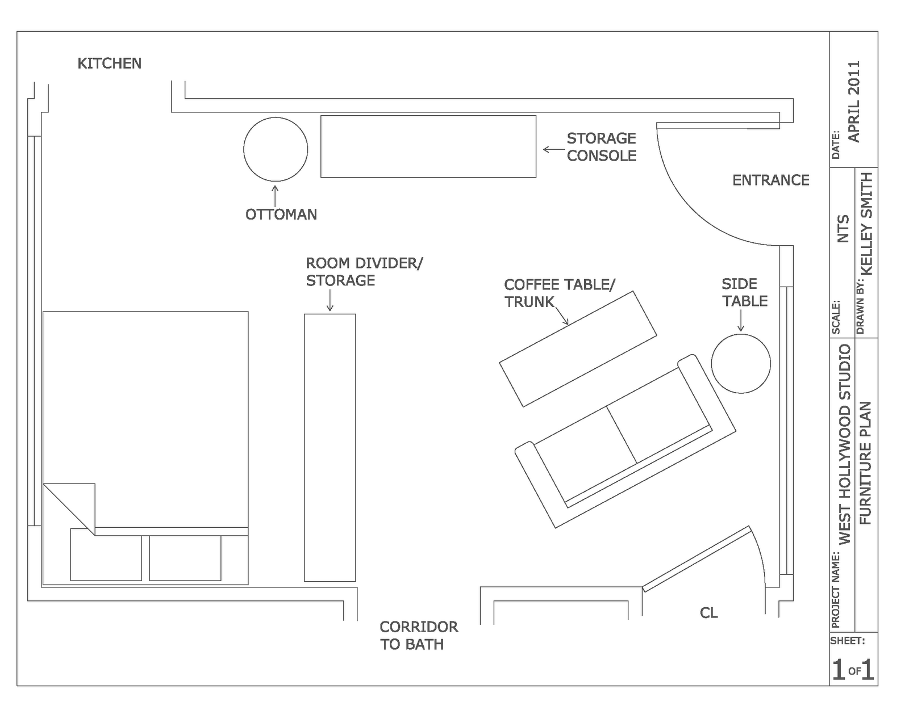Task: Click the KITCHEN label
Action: tap(109, 64)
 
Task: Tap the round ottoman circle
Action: tap(276, 149)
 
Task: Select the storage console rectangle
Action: tap(428, 146)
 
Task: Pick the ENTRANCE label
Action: tap(770, 180)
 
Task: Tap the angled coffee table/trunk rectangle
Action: tap(578, 349)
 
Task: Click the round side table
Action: tap(741, 363)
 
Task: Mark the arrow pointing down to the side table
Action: tap(741, 322)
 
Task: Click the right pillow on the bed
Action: tap(185, 557)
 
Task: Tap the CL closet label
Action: tap(708, 613)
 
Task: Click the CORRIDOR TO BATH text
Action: tap(418, 635)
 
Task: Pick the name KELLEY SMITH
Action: tap(866, 224)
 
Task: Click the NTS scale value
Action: tap(843, 228)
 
